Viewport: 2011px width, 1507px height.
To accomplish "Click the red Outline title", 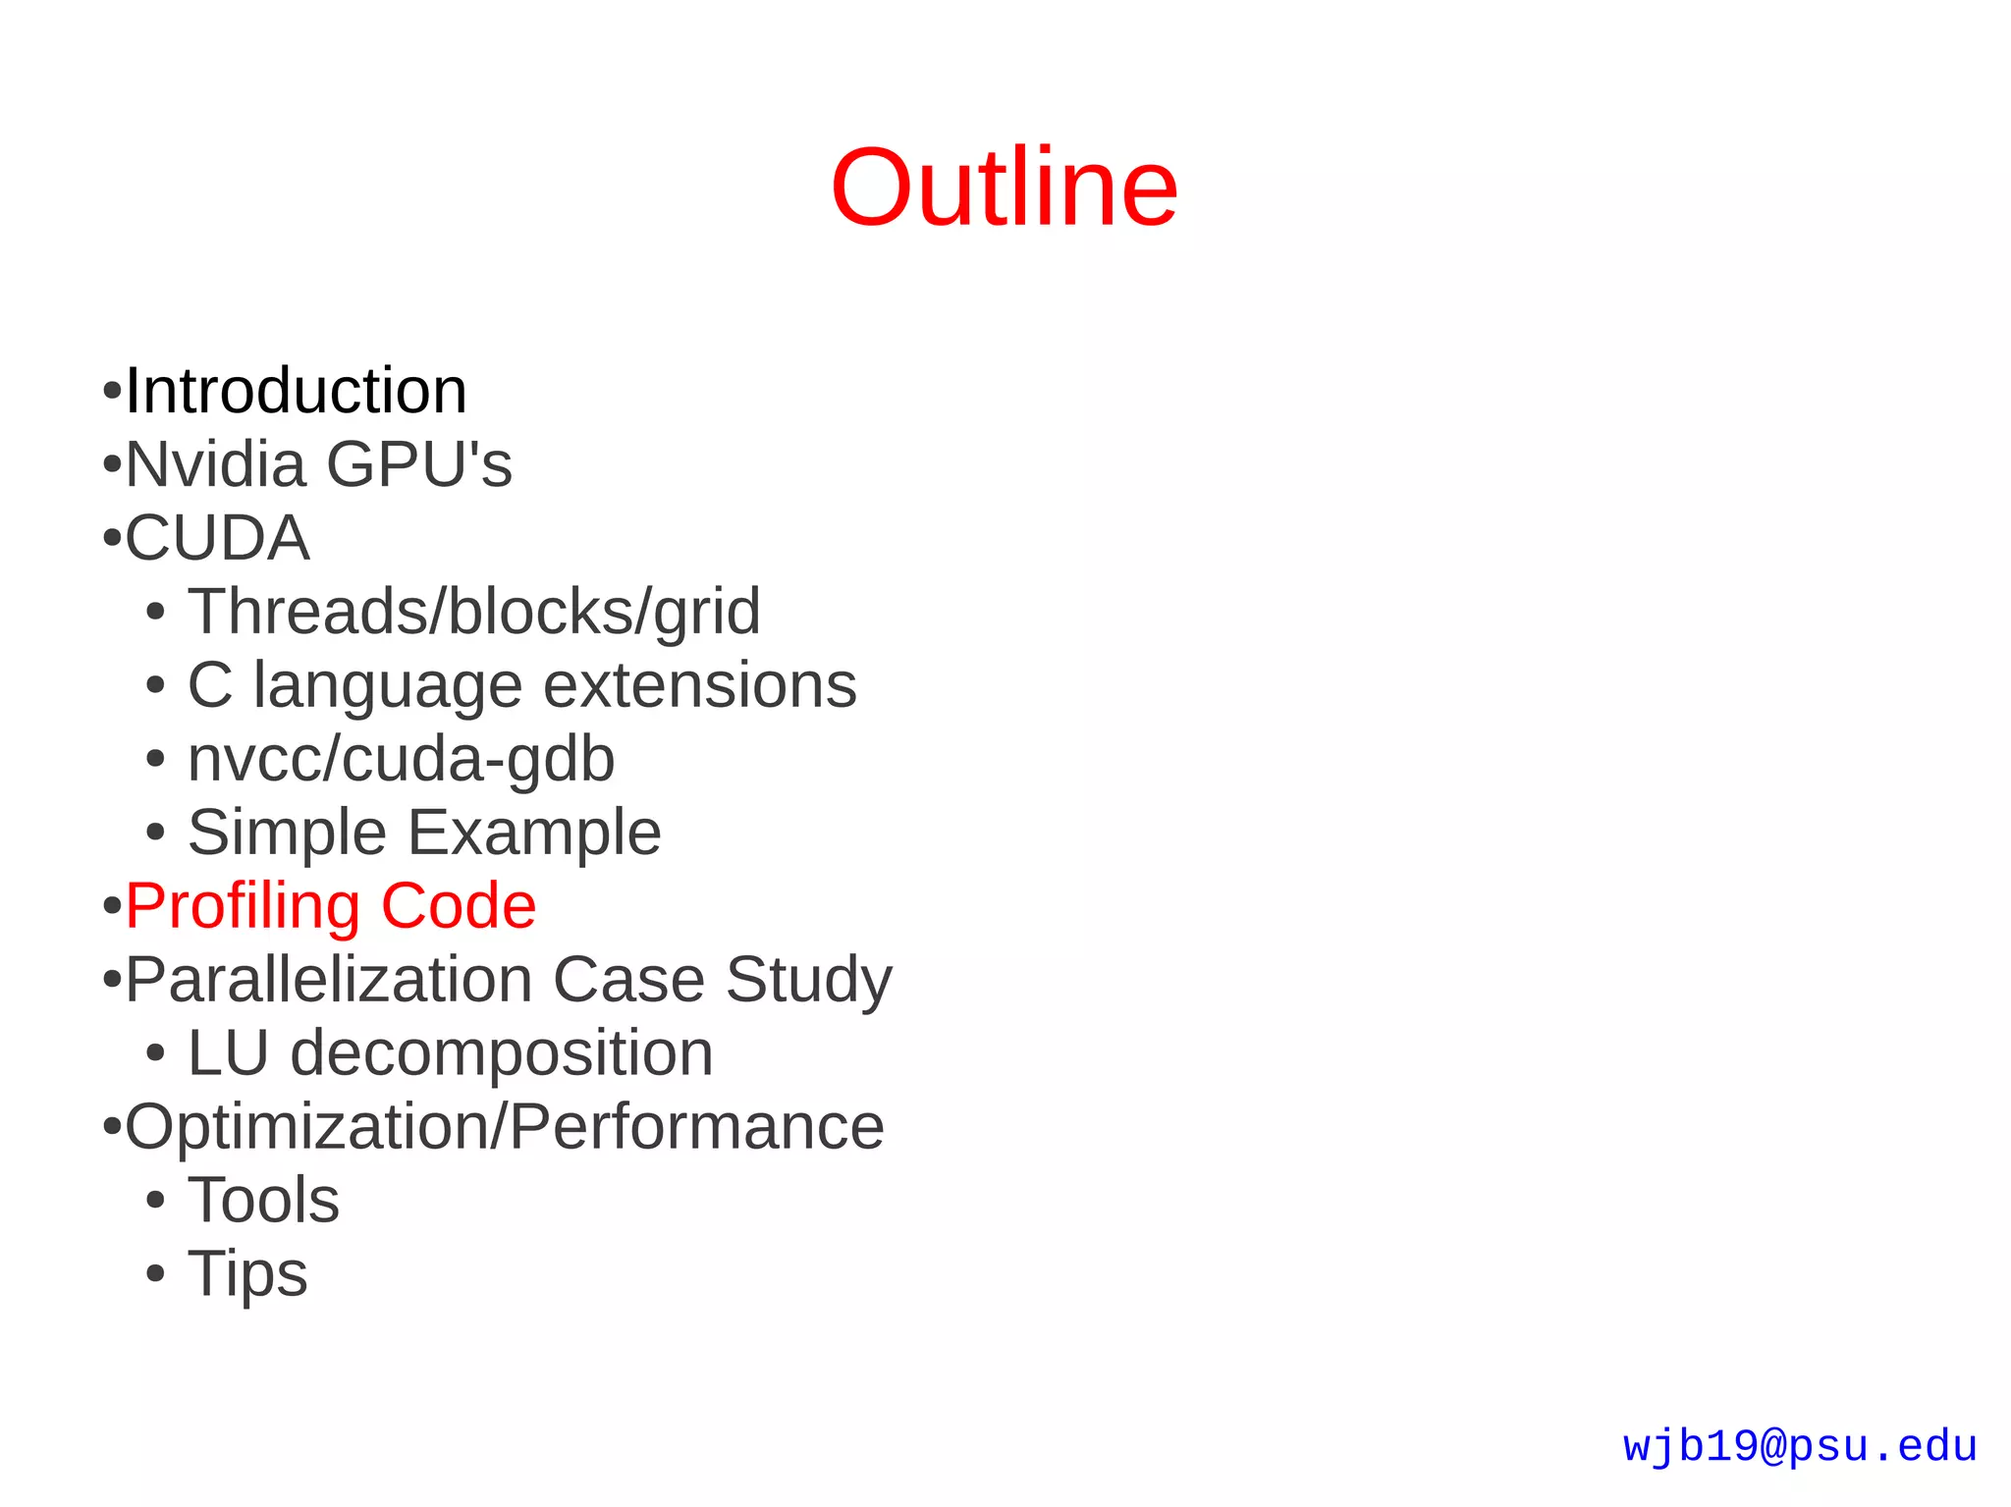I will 1004,188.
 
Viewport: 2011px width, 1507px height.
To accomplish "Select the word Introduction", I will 296,391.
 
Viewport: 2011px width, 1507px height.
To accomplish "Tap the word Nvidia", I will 215,464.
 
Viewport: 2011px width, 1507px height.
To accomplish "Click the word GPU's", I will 419,464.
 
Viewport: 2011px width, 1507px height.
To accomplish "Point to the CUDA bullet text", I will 217,538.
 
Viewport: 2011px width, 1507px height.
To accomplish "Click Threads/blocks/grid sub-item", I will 473,612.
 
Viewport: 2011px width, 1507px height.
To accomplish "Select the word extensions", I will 699,685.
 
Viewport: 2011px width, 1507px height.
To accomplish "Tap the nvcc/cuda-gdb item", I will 401,760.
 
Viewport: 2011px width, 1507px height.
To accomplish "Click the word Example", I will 534,833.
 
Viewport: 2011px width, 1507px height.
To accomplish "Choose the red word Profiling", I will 242,906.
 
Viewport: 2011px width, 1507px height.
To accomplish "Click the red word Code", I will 458,906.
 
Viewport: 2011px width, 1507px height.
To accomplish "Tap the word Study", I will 808,980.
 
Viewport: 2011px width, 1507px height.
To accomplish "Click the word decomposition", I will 501,1053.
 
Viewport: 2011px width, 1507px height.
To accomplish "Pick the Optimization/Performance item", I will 504,1127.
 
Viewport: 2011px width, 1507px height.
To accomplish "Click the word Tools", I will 263,1201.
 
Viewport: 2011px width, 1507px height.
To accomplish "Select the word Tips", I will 247,1274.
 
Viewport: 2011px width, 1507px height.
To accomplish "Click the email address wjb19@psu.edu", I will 1799,1447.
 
